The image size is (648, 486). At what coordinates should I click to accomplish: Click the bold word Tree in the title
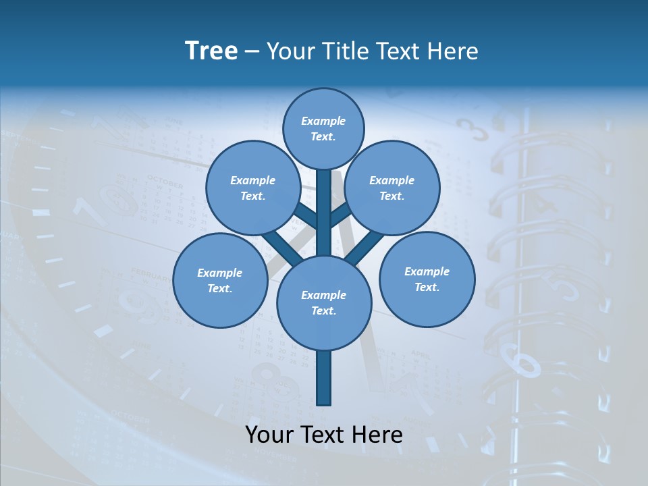[x=211, y=51]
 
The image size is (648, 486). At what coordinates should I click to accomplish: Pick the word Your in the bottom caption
[x=269, y=435]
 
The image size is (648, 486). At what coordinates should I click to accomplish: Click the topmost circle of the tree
[x=323, y=128]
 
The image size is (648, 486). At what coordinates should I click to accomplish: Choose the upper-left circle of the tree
[x=252, y=188]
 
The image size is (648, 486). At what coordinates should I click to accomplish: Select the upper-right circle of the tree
[x=392, y=188]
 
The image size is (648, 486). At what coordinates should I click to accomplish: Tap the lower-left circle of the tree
[x=219, y=280]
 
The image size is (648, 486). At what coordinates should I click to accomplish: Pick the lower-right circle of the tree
[x=427, y=278]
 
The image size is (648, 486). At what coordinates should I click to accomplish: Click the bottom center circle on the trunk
[x=324, y=302]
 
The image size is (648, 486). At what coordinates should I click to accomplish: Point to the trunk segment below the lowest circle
[x=324, y=378]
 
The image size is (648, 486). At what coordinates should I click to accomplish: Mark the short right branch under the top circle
[x=342, y=215]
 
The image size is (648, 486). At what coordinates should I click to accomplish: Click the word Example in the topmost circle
[x=323, y=121]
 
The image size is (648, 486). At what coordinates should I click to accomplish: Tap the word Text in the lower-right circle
[x=427, y=287]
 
